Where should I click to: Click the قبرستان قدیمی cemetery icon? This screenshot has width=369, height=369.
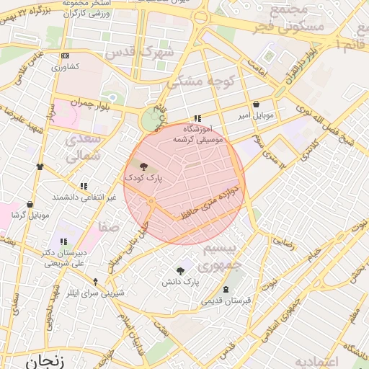click(x=227, y=289)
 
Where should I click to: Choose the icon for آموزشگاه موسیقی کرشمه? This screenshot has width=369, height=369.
click(x=197, y=120)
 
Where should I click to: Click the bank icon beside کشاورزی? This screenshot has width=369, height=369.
click(x=66, y=56)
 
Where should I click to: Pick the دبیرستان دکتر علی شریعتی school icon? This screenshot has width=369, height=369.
click(x=63, y=241)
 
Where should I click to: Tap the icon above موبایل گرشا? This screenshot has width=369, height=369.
click(x=30, y=204)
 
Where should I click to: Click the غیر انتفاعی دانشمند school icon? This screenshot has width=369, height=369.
click(x=84, y=185)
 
